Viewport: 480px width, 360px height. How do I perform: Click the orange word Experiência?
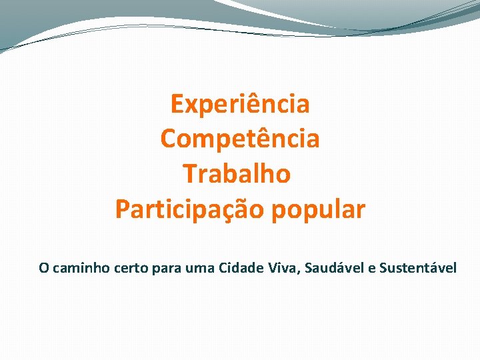(240, 104)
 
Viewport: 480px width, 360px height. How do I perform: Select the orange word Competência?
(240, 139)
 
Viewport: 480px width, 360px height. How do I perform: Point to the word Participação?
(190, 209)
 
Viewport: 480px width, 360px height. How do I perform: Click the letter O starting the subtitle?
(43, 268)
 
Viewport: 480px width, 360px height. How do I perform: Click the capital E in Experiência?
(177, 104)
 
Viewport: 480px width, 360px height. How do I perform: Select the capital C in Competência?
(169, 139)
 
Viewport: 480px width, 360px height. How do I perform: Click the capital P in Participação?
(123, 209)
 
